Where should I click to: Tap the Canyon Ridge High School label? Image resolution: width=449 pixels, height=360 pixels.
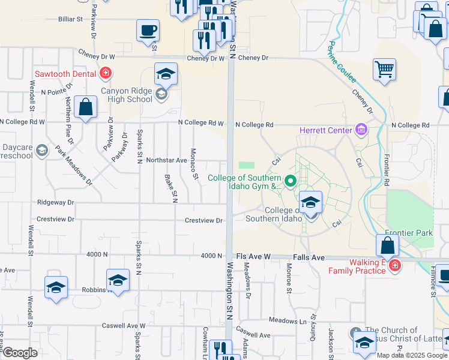(127, 95)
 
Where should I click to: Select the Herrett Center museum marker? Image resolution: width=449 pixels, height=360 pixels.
(361, 129)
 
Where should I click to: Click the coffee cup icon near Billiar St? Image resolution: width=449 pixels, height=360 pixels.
(148, 30)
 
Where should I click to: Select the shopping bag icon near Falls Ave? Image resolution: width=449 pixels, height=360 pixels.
(388, 245)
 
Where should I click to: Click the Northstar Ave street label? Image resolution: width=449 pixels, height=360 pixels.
(167, 160)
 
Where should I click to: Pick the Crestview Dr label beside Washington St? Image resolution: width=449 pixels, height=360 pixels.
(203, 220)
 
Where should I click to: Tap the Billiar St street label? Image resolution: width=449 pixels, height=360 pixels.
(70, 19)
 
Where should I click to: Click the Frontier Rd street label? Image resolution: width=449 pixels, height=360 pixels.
(387, 170)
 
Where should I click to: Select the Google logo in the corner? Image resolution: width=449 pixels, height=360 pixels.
(19, 353)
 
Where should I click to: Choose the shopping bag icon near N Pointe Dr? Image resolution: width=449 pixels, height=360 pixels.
(86, 107)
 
